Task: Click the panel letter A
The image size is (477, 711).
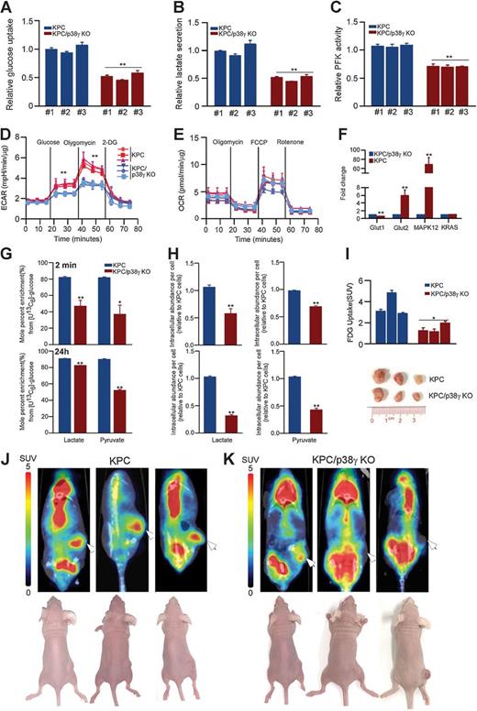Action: pyautogui.click(x=7, y=8)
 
